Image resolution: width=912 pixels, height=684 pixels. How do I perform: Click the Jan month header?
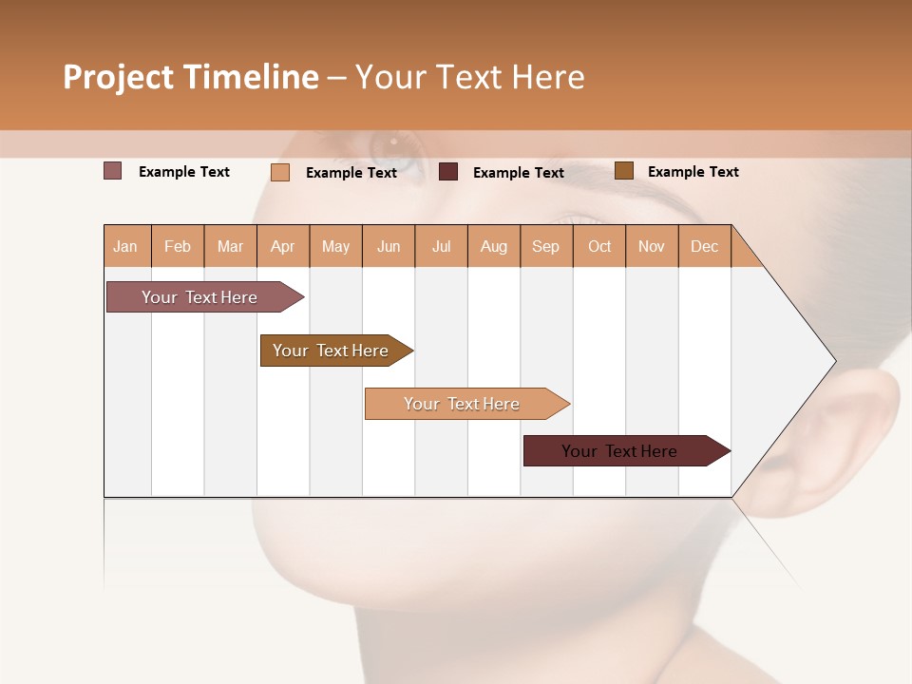[126, 246]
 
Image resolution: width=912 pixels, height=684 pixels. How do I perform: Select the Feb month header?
[178, 246]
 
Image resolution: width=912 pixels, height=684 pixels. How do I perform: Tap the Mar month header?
[230, 246]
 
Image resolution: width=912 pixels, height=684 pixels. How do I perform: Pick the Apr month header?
[283, 246]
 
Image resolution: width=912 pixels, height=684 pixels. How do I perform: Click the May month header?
[335, 246]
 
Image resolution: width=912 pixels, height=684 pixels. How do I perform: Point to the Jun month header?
[389, 246]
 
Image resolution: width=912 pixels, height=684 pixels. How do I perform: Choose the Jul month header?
[441, 246]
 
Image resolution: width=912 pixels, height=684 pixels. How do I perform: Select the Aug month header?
[494, 246]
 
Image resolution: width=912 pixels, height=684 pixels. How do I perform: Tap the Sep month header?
[546, 246]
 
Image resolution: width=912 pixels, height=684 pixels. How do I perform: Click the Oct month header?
[599, 246]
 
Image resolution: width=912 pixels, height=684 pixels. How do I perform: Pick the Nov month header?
[652, 246]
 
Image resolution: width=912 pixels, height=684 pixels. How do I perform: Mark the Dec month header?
[705, 246]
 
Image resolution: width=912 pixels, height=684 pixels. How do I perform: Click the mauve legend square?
[113, 171]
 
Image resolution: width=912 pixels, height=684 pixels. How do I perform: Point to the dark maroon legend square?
[448, 172]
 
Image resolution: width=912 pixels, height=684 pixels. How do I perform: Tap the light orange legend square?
[280, 172]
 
